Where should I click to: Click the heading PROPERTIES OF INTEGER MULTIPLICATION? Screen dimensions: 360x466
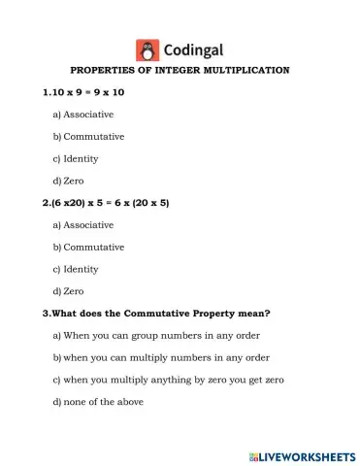point(180,71)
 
